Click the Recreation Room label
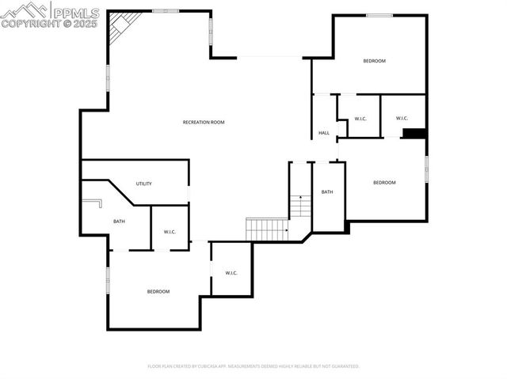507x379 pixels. click(x=204, y=122)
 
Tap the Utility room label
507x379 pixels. click(x=143, y=184)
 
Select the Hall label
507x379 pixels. click(x=324, y=133)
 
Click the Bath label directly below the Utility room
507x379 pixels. click(x=119, y=222)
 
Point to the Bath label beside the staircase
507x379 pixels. click(x=327, y=192)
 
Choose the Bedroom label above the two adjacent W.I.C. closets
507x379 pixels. click(x=374, y=61)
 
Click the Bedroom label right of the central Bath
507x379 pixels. click(x=384, y=183)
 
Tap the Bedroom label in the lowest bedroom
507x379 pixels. click(x=158, y=291)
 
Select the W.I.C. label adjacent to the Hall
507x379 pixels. click(x=360, y=119)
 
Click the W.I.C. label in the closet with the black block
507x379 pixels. click(x=402, y=119)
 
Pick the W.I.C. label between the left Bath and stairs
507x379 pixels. click(x=170, y=232)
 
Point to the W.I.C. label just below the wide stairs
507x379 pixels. click(x=231, y=273)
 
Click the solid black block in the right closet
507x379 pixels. click(x=414, y=133)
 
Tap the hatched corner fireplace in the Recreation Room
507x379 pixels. click(x=121, y=25)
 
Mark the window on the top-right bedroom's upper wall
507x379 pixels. click(x=379, y=14)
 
